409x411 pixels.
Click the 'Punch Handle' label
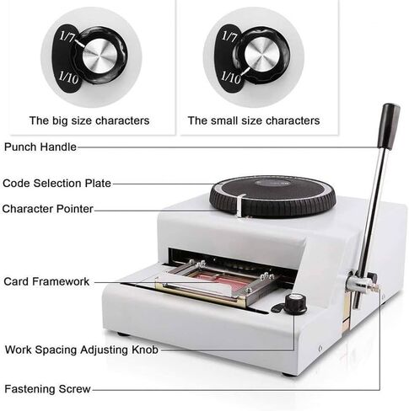click(40, 147)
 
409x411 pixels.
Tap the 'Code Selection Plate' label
click(57, 184)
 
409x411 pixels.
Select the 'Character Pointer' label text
click(47, 209)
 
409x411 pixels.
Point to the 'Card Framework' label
click(46, 281)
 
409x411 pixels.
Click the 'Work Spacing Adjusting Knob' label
click(82, 350)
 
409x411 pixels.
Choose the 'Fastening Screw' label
click(47, 389)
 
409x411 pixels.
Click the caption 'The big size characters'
click(89, 120)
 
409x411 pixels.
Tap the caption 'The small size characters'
click(254, 120)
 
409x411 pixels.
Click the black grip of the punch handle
click(389, 126)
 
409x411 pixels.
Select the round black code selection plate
click(272, 195)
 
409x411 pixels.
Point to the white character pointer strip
click(239, 205)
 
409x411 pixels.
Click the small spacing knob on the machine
click(295, 304)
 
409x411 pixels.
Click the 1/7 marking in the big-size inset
click(67, 37)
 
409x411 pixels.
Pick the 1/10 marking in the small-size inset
click(231, 77)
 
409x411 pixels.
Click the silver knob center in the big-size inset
click(100, 56)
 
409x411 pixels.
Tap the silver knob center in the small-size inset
click(262, 54)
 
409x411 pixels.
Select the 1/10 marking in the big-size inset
click(69, 77)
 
